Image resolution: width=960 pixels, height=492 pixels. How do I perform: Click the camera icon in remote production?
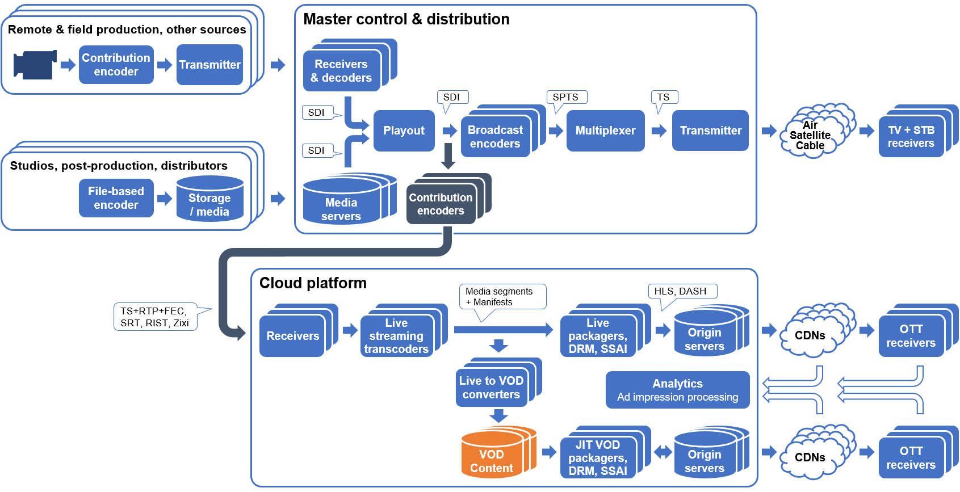click(35, 65)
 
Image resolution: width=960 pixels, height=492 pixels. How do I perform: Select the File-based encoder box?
click(116, 198)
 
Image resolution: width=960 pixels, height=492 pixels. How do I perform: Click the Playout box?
click(404, 131)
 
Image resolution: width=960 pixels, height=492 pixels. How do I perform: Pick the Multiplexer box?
click(605, 131)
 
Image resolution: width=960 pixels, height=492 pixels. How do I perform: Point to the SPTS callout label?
click(565, 97)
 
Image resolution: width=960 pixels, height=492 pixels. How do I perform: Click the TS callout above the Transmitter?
click(664, 97)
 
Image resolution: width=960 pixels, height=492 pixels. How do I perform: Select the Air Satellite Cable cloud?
click(811, 134)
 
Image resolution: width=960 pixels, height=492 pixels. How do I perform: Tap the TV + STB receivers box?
click(911, 137)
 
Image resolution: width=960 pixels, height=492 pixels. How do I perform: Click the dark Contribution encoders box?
click(441, 204)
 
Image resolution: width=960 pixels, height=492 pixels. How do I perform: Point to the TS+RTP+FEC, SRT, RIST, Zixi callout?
click(154, 317)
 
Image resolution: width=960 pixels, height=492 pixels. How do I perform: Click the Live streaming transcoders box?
click(396, 336)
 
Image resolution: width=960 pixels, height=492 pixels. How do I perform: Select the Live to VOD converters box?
click(491, 388)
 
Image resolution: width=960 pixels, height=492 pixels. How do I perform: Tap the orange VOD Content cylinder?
click(492, 456)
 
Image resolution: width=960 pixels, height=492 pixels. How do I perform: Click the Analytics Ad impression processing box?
click(677, 390)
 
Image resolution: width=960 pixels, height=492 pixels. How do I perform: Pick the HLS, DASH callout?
click(681, 291)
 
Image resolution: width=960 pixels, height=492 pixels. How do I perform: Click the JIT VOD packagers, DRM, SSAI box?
click(598, 458)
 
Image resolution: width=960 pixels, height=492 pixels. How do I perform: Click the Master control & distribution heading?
click(406, 19)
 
